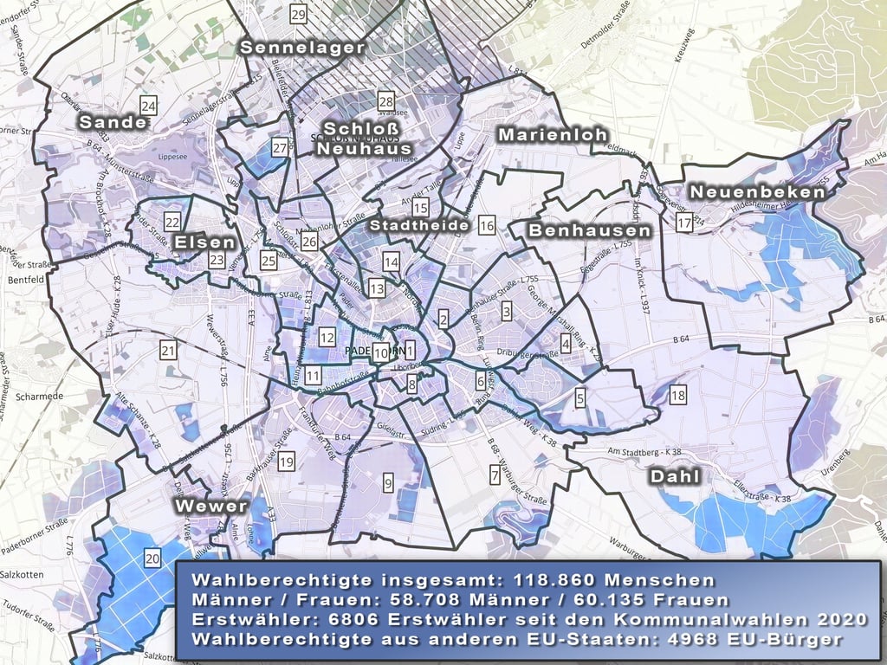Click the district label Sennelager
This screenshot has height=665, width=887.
pos(302,48)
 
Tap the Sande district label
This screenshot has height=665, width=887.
pos(113,123)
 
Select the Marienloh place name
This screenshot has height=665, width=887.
pos(552,136)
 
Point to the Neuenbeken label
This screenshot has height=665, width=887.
pos(757,192)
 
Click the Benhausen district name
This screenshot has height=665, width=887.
pos(589,231)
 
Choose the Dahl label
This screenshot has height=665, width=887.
pos(674,477)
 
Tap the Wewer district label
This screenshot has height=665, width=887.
pos(211,506)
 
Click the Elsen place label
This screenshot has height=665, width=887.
pos(204,242)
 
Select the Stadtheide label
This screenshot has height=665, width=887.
pos(419,225)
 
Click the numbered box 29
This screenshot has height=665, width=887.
pos(299,15)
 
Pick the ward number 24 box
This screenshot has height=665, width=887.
pos(149,107)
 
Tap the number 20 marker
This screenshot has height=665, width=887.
pos(152,559)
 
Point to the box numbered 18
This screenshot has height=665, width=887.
pos(678,396)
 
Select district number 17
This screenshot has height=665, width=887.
pos(684,223)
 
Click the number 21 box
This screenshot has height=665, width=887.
pos(168,351)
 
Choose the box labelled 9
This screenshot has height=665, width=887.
pos(388,482)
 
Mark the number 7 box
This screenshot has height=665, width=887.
pos(495,475)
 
